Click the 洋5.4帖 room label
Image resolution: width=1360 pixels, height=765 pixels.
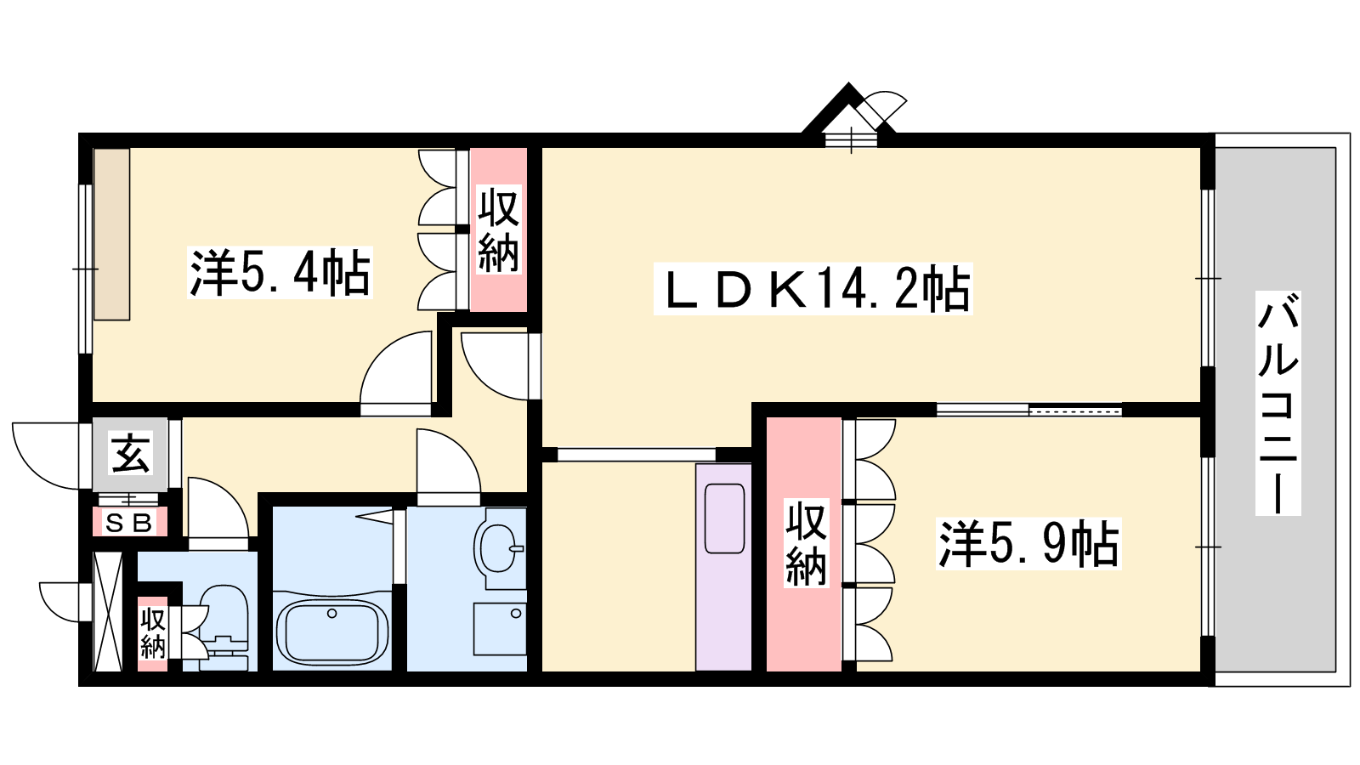280,273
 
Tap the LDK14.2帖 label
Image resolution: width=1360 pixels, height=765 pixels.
813,289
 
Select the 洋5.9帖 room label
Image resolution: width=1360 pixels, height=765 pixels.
1028,543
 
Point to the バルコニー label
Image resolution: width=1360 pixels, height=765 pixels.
1278,403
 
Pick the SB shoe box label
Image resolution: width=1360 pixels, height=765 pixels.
128,523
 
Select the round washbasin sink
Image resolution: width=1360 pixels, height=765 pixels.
497,548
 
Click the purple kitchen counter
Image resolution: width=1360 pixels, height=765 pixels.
723,567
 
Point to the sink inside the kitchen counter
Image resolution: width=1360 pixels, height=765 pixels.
724,518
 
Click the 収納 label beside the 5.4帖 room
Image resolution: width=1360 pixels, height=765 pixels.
498,230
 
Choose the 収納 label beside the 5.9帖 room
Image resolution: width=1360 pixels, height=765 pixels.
807,543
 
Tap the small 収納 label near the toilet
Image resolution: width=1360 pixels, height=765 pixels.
152,634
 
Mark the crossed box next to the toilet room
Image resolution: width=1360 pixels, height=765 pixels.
109,611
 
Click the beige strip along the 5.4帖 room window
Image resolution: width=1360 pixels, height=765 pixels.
111,235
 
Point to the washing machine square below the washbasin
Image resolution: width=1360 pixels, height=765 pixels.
500,629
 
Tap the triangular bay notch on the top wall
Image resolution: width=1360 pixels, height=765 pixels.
848,112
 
